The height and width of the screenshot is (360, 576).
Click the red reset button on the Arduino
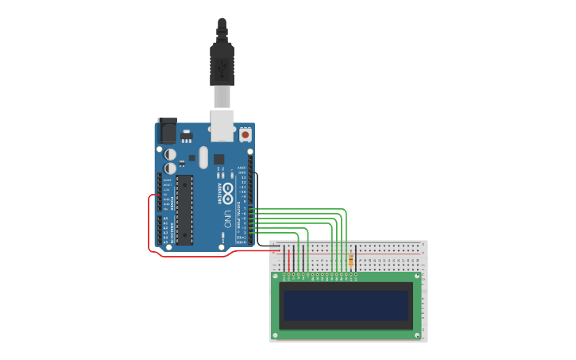point(245,135)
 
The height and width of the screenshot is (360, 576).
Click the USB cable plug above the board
point(222,63)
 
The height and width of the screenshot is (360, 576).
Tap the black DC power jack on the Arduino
point(167,130)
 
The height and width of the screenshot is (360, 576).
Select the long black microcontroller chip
point(184,209)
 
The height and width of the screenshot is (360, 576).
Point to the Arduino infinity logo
point(228,191)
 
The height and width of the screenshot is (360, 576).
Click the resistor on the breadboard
point(351,259)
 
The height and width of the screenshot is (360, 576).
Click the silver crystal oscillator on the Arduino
point(203,157)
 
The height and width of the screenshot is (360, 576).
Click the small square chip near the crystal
point(218,159)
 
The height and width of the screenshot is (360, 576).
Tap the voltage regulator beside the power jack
point(187,135)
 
